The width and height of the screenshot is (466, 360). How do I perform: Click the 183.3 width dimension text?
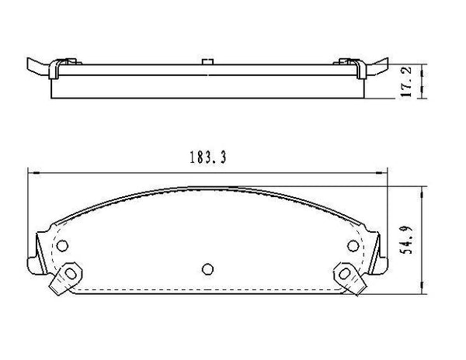[207, 157]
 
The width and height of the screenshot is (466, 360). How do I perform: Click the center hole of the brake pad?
[207, 269]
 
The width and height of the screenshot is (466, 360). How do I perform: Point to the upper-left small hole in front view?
[63, 247]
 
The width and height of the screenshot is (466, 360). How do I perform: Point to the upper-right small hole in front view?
[351, 247]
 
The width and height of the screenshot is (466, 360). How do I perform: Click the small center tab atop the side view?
[207, 61]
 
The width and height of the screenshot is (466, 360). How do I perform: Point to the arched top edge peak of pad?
[207, 187]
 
